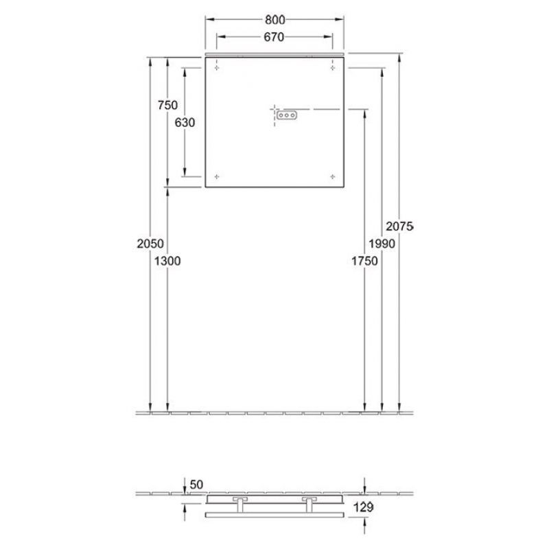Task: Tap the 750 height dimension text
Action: [167, 105]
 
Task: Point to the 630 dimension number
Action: [185, 122]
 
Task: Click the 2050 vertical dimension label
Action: [150, 243]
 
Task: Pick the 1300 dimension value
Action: [168, 260]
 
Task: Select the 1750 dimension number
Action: [364, 260]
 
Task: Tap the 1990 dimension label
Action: [382, 243]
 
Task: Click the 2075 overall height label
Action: [399, 226]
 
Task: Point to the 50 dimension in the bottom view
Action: [197, 485]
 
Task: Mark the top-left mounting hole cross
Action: [217, 67]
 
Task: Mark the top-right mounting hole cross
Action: [333, 67]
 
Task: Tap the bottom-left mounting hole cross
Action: [217, 176]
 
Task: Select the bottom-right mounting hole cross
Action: [333, 176]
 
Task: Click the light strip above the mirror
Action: [274, 52]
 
